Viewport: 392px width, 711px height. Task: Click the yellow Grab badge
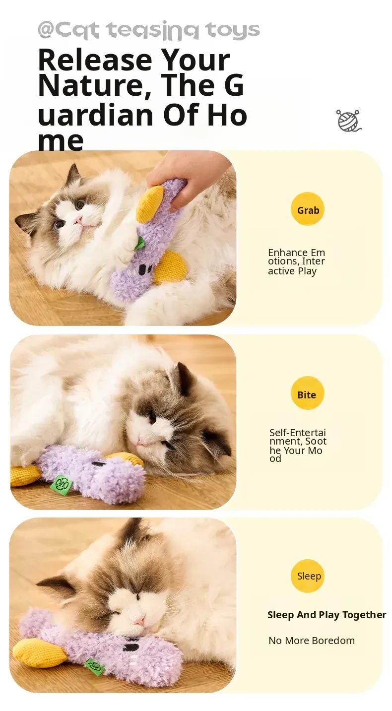[308, 209]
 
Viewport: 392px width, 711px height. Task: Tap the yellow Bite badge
[308, 393]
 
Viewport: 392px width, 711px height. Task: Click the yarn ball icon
[349, 121]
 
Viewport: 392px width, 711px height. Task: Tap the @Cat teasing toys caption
[148, 30]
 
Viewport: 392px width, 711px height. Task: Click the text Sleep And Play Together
[327, 615]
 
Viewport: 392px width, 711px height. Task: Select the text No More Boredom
[312, 641]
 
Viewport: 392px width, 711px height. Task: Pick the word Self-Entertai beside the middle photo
[297, 433]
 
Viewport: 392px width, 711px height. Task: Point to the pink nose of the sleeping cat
[139, 621]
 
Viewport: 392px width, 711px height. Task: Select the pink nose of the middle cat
[139, 441]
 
